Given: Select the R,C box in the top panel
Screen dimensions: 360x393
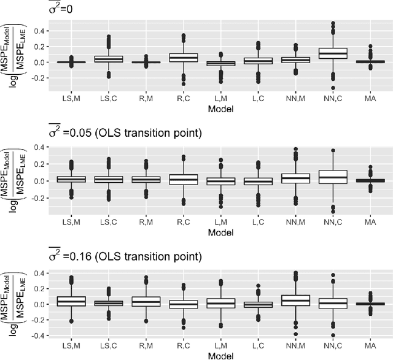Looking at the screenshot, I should [181, 58].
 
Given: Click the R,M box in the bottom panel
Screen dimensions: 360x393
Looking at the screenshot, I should [142, 302].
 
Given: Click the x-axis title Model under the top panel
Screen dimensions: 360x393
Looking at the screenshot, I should [219, 109].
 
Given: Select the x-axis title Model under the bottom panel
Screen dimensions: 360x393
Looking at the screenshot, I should [219, 354].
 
